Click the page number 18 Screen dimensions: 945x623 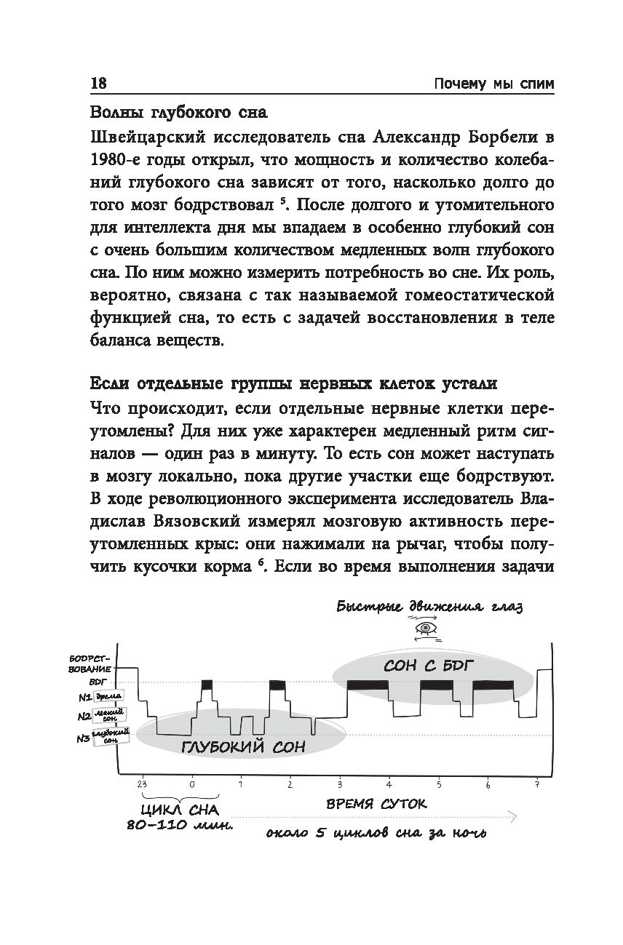tap(98, 84)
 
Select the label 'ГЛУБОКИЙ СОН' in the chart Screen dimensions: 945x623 tap(242, 746)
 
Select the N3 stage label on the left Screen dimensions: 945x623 tap(83, 739)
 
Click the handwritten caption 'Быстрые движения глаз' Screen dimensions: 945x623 tap(429, 607)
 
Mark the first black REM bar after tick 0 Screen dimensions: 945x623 tap(207, 685)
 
